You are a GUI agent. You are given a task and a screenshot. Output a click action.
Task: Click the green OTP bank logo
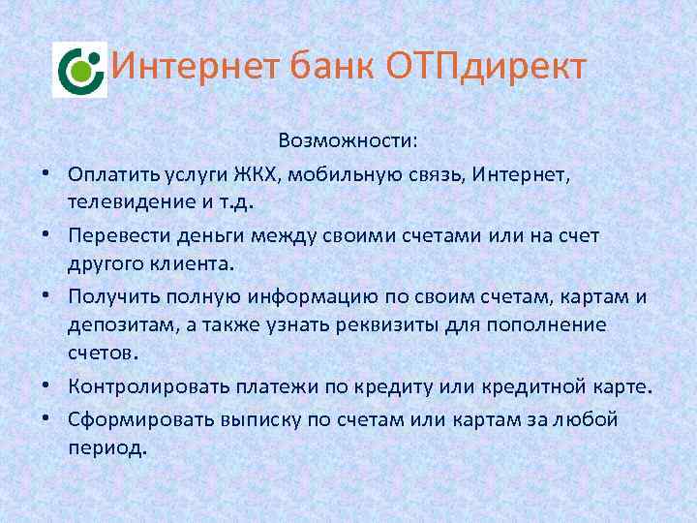(79, 70)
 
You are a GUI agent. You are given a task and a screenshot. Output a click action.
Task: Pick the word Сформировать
(136, 419)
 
